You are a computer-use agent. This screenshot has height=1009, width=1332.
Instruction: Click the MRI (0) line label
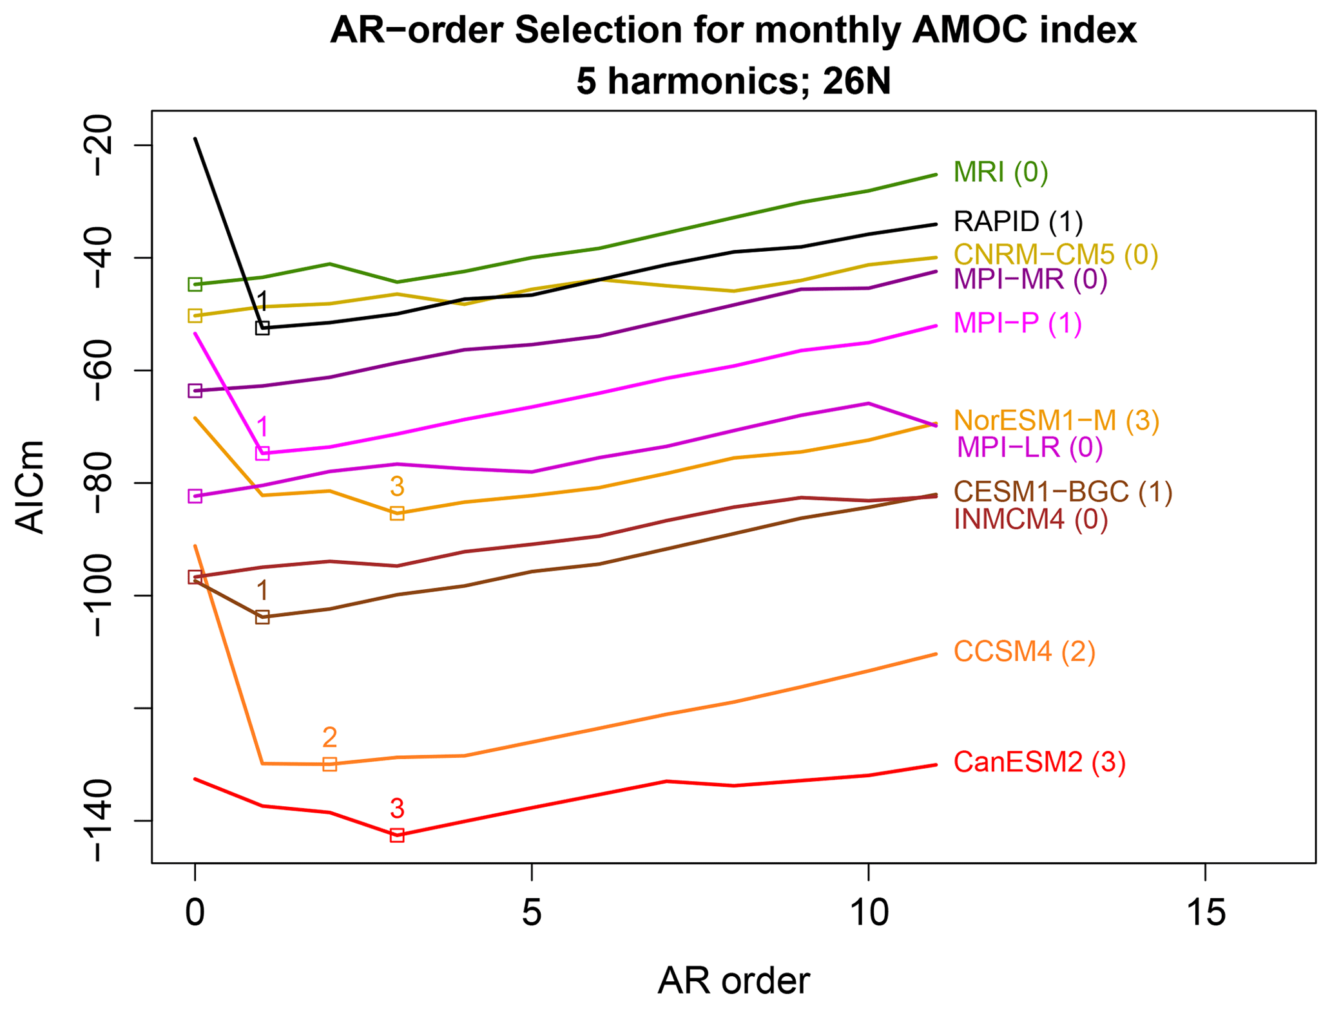coord(1000,173)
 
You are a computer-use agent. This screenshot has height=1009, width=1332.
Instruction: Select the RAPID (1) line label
coord(1018,222)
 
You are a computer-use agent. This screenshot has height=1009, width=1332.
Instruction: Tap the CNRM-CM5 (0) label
coord(1056,255)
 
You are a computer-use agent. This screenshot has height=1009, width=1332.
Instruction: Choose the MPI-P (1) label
coord(1017,323)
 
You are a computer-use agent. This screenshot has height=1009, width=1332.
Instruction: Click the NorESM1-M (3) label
coord(1056,420)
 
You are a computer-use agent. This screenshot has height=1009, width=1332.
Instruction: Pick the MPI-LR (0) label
coord(1029,447)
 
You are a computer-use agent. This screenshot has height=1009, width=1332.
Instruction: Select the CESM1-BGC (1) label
coord(1063,492)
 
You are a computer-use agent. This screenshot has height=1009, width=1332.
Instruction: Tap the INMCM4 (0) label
coord(1030,519)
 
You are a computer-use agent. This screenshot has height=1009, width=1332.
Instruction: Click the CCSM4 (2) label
coord(1024,652)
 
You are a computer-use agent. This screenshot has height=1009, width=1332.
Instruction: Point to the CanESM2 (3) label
coord(1039,762)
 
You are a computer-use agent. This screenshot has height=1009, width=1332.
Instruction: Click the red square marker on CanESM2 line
coord(397,836)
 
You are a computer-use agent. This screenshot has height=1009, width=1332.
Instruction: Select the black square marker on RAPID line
coord(262,328)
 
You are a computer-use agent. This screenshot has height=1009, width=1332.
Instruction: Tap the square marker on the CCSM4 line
coord(329,764)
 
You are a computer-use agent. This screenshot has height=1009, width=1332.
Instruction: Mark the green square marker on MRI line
coord(195,284)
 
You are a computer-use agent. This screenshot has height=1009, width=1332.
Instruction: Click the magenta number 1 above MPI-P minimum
coord(262,427)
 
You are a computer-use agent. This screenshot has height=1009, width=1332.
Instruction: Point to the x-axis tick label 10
coord(868,914)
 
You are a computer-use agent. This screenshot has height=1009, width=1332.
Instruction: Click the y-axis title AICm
coord(30,487)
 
